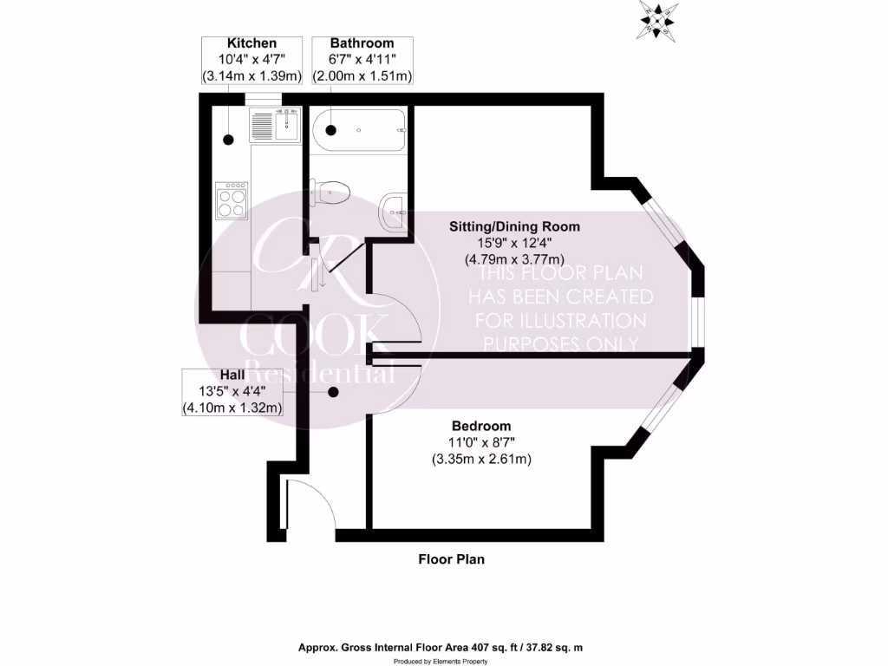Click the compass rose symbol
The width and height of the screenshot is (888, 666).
click(658, 19)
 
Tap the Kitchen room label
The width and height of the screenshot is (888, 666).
click(251, 43)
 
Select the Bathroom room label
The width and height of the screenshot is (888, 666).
click(362, 43)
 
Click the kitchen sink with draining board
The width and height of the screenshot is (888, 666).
click(275, 125)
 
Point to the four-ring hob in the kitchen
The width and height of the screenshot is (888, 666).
click(232, 201)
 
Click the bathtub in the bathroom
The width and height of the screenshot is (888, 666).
click(358, 130)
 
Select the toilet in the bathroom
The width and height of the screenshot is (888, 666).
click(331, 190)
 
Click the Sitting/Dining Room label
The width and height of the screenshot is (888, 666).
click(514, 227)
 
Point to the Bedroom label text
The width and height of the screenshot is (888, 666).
click(481, 427)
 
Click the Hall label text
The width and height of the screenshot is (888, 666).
click(232, 375)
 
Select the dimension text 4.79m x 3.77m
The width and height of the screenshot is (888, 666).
click(515, 258)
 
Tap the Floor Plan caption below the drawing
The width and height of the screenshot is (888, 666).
click(452, 559)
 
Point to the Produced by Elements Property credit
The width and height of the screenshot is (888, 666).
click(447, 661)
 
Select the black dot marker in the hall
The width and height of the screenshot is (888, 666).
click(333, 392)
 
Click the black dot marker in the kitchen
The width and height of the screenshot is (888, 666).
click(229, 140)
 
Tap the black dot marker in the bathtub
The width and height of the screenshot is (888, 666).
click(330, 130)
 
